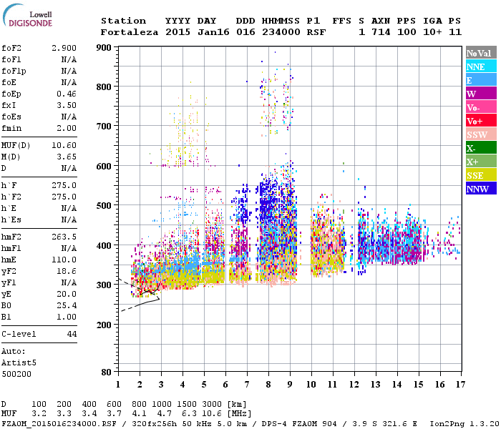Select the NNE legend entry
point(481,66)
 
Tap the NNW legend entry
point(481,189)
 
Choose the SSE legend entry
point(481,175)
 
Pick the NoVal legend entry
point(481,53)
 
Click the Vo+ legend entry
point(481,121)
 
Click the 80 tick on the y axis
point(107,372)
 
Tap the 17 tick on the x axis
point(459,385)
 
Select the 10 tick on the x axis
point(311,385)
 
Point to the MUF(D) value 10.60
point(64,145)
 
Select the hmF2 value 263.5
point(64,237)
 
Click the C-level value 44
point(71,335)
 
